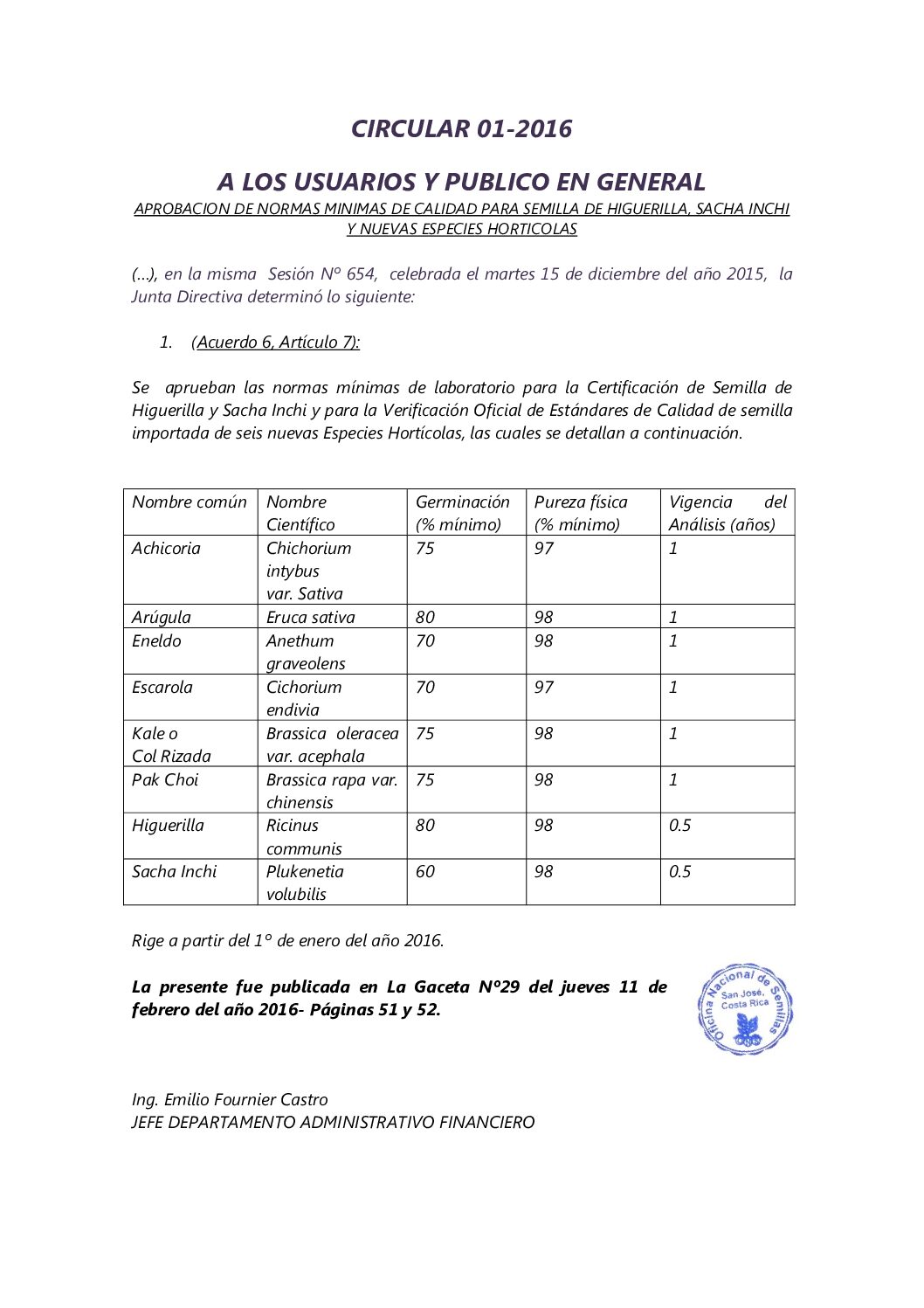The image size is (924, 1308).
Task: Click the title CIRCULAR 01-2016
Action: click(x=461, y=128)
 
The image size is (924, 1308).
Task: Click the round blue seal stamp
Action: click(x=745, y=1009)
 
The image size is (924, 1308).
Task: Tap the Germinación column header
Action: click(x=462, y=513)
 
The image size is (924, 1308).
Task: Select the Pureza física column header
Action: click(x=581, y=513)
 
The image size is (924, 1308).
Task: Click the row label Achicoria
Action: click(x=166, y=549)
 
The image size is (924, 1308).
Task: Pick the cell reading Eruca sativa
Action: click(x=310, y=617)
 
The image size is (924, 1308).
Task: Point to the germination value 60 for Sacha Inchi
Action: click(x=425, y=872)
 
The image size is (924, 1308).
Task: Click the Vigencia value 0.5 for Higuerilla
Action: click(x=679, y=826)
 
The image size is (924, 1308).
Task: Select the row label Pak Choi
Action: click(x=165, y=780)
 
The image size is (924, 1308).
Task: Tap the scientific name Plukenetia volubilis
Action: click(x=304, y=882)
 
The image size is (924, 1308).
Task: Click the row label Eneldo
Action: click(x=156, y=641)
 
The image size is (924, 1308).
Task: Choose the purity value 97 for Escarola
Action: click(x=544, y=688)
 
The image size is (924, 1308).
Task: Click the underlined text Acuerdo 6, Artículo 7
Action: click(x=278, y=343)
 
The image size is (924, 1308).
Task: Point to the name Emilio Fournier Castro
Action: click(x=245, y=1100)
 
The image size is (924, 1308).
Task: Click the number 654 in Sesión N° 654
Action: click(x=361, y=274)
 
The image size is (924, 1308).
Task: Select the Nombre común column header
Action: click(x=189, y=502)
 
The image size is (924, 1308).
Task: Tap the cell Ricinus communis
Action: click(x=303, y=837)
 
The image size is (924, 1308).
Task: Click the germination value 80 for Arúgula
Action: click(x=425, y=617)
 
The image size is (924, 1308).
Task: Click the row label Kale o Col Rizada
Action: click(x=171, y=744)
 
